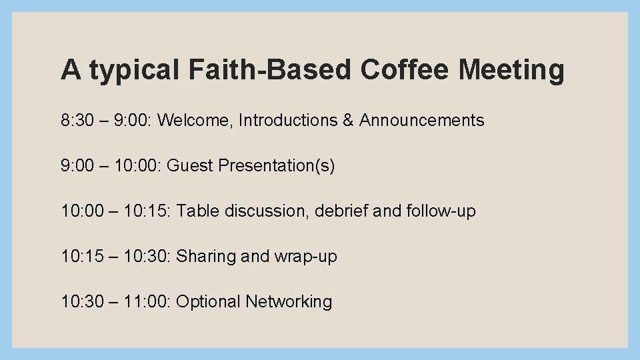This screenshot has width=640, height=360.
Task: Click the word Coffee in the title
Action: [x=402, y=69]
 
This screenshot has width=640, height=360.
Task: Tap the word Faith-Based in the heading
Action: [x=269, y=69]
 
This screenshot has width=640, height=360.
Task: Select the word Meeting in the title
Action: [x=511, y=69]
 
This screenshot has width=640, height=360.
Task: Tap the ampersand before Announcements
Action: [x=351, y=121]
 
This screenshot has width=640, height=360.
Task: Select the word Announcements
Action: [x=422, y=121]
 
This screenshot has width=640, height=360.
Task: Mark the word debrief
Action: [x=341, y=211]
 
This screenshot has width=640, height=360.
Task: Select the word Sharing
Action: [x=205, y=257]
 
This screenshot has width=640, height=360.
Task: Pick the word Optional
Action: [x=208, y=302]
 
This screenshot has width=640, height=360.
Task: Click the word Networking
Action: [x=289, y=302]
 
